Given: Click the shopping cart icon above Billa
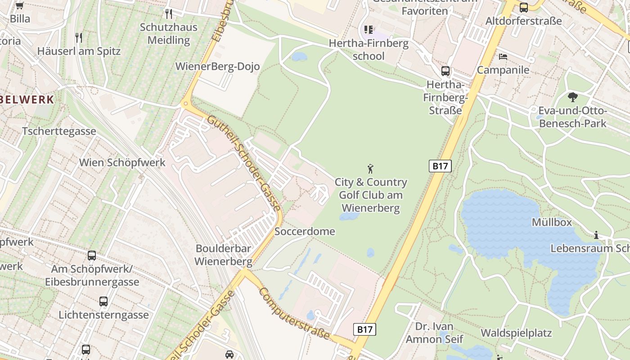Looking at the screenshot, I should tap(19, 6).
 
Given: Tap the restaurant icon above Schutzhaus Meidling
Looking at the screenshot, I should tap(169, 14).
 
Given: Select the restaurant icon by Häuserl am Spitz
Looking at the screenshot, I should tap(79, 37).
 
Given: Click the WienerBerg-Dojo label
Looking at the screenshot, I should tap(217, 67).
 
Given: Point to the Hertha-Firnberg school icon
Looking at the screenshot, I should tap(369, 30).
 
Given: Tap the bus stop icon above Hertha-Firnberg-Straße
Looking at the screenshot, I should tap(445, 71).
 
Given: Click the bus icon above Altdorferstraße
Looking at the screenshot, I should tap(523, 8).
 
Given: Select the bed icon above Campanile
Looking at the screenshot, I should tap(503, 57).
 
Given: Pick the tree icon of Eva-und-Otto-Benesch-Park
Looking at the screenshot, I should tap(573, 97).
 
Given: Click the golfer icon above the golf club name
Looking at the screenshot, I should tap(370, 169).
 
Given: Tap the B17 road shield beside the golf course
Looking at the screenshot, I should tap(440, 166).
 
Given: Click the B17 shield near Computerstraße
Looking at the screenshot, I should tap(364, 329).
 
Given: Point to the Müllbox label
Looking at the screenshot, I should tap(552, 222).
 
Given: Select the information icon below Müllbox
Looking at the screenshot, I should tap(596, 235).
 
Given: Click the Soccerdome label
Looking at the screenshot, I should tap(305, 232).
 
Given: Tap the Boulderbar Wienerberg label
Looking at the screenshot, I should tap(223, 255).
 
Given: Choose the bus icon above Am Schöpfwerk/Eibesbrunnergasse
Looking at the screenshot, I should tap(92, 256).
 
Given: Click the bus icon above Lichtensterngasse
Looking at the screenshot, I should tap(103, 301).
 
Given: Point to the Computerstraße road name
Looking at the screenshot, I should tap(295, 313).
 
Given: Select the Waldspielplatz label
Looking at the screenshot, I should tap(516, 333).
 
